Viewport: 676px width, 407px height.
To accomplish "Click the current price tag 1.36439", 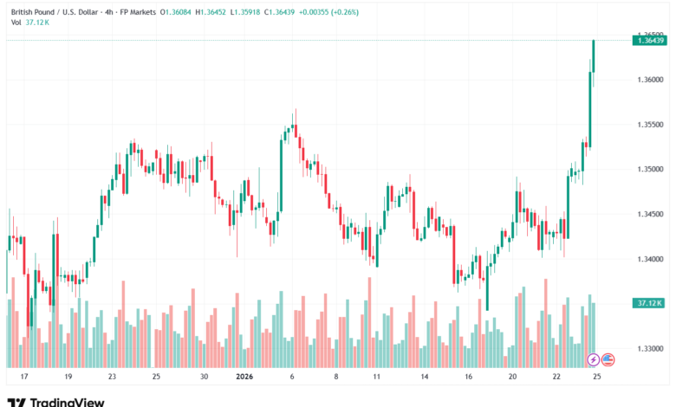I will pos(649,40).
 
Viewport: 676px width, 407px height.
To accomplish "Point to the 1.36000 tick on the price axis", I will pos(649,80).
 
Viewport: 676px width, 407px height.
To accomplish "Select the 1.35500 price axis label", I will pos(649,125).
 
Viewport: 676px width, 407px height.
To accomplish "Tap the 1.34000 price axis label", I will pos(649,259).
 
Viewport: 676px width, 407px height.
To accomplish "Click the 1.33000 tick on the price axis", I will pos(649,349).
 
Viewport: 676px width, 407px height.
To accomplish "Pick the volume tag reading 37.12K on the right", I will pos(648,303).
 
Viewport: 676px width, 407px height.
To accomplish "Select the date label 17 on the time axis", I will pos(24,378).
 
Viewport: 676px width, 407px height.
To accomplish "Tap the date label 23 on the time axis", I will pos(113,378).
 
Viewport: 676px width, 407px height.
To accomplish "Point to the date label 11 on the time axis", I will pos(377,378).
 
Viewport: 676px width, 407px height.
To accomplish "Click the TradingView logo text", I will pos(67,402).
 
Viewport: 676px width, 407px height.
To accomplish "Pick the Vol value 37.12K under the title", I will pos(38,23).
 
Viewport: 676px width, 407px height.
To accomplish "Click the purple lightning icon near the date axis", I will pos(594,359).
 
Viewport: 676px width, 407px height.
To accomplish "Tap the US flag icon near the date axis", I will pos(608,359).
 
